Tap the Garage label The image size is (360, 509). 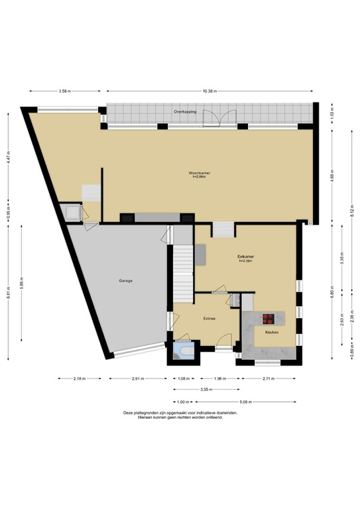click(x=126, y=281)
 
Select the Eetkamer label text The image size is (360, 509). click(x=247, y=256)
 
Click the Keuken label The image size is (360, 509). click(x=271, y=332)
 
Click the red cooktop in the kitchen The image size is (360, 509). click(x=269, y=317)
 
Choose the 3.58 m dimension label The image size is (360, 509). click(x=65, y=91)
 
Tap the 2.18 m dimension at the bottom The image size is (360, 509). click(x=81, y=379)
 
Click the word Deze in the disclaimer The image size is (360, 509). click(x=129, y=412)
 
